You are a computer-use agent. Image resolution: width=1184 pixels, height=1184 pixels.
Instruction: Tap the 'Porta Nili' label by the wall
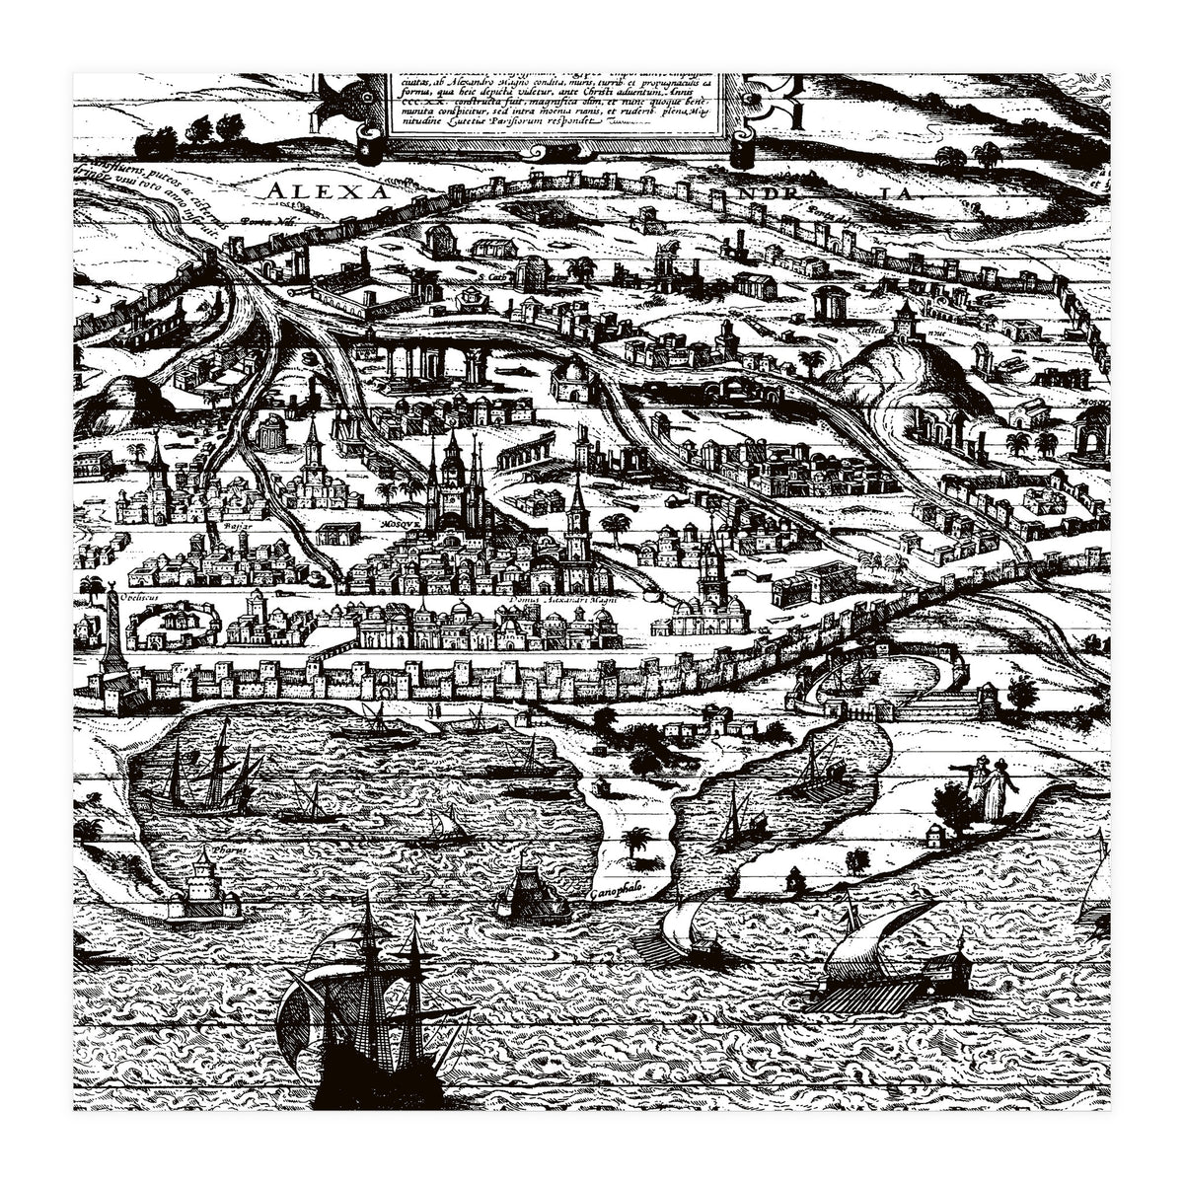pos(259,223)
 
